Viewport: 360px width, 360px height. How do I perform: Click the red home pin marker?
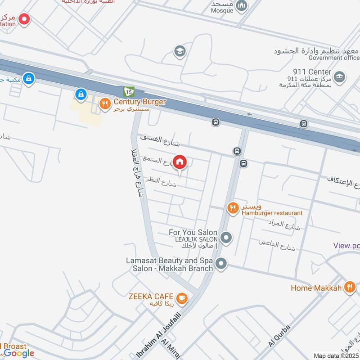pyautogui.click(x=180, y=162)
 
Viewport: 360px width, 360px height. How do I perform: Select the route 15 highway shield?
pyautogui.click(x=129, y=91)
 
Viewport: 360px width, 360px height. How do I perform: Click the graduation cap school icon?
pyautogui.click(x=180, y=51)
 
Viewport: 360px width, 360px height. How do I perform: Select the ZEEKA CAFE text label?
pyautogui.click(x=150, y=296)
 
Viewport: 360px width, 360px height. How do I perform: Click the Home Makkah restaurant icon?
pyautogui.click(x=350, y=287)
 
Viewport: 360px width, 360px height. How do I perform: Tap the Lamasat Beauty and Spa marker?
pyautogui.click(x=220, y=264)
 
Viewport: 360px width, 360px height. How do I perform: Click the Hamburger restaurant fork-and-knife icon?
pyautogui.click(x=232, y=207)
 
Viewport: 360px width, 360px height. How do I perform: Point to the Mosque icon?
pyautogui.click(x=242, y=5)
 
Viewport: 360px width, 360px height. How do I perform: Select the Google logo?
pyautogui.click(x=19, y=353)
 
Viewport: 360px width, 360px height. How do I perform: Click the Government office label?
pyautogui.click(x=334, y=58)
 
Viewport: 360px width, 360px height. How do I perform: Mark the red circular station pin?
pyautogui.click(x=24, y=19)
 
